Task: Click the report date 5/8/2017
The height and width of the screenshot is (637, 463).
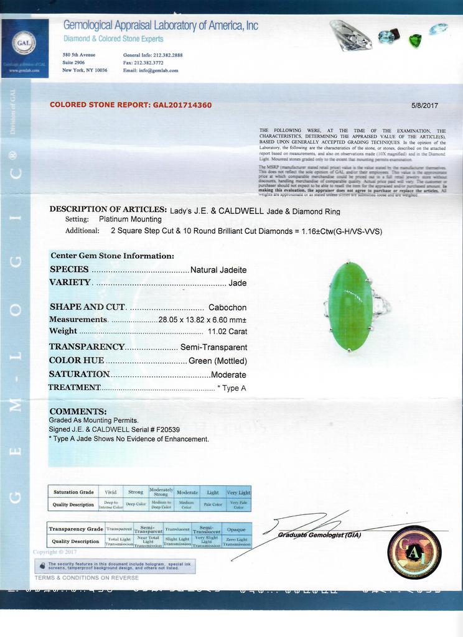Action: coord(424,105)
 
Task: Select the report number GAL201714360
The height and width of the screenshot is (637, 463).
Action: coord(182,105)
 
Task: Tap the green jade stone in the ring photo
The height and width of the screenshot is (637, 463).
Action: coord(350,306)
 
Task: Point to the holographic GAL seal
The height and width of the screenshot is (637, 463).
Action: coord(414,552)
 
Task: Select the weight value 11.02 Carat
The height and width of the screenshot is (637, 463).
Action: coord(227,332)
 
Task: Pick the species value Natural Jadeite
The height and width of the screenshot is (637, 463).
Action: coord(218,270)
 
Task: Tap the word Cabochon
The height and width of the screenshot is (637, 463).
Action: coord(227,307)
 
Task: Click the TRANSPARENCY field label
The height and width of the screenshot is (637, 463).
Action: coord(87,347)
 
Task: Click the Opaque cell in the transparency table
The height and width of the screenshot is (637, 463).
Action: coord(236,529)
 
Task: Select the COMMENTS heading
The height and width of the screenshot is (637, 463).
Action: coord(78,411)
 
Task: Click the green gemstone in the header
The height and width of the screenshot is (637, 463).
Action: coord(415,40)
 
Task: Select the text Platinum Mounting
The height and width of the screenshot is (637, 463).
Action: coord(130,219)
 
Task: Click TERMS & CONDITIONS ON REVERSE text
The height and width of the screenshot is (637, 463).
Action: coord(87,578)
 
